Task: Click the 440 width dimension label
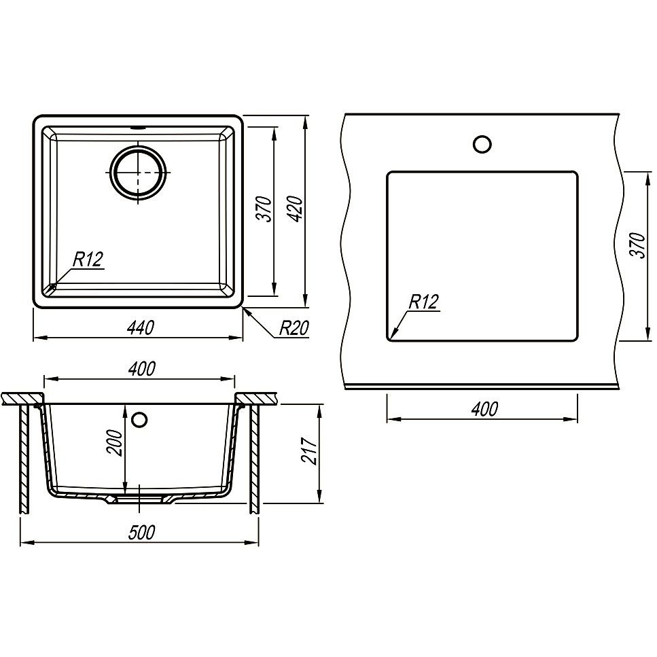pyautogui.click(x=140, y=327)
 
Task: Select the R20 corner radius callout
pyautogui.click(x=294, y=328)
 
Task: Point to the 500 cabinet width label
pyautogui.click(x=141, y=532)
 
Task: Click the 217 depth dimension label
pyautogui.click(x=309, y=450)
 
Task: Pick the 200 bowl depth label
pyautogui.click(x=114, y=442)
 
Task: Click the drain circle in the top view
pyautogui.click(x=138, y=173)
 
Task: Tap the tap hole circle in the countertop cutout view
pyautogui.click(x=482, y=144)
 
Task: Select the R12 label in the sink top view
pyautogui.click(x=88, y=260)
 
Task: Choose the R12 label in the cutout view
pyautogui.click(x=423, y=302)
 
